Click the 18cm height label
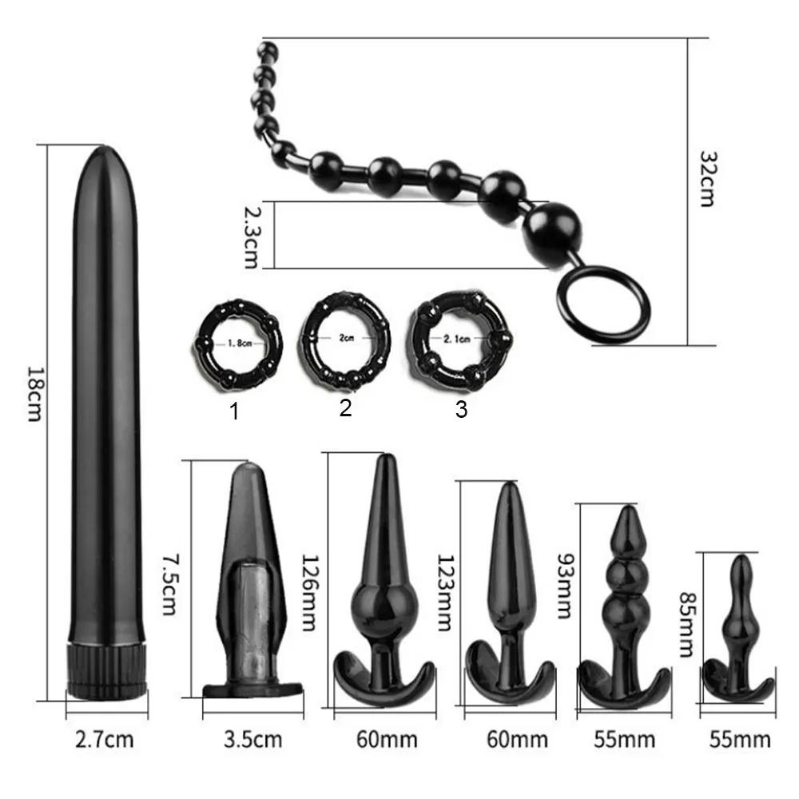[x=34, y=394]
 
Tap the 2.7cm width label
[x=105, y=739]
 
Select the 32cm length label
[x=707, y=178]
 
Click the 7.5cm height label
[x=169, y=584]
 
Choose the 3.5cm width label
[x=252, y=739]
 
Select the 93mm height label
[x=565, y=586]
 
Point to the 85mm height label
[x=687, y=624]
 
